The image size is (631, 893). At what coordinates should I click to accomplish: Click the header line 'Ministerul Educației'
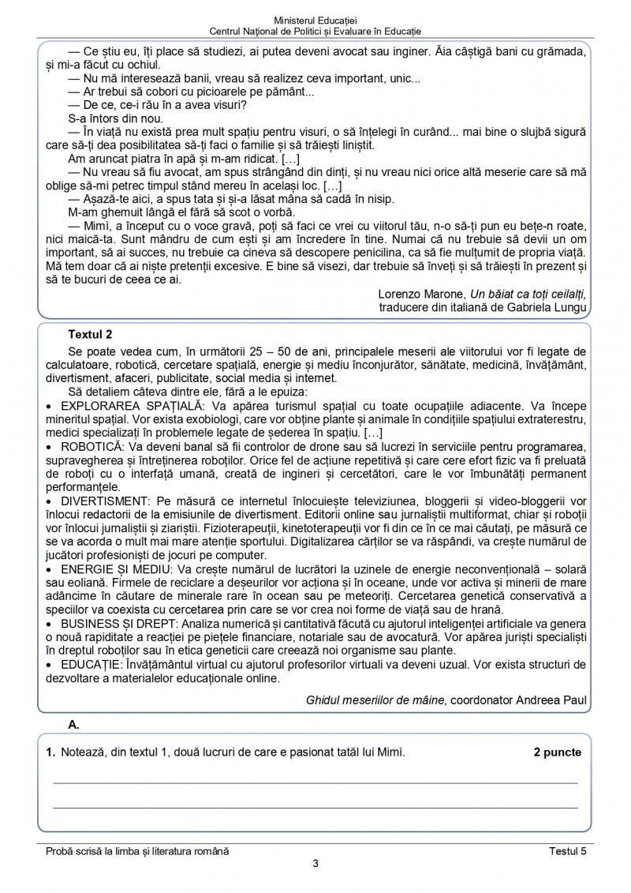[315, 18]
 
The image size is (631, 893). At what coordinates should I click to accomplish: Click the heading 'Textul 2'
[91, 334]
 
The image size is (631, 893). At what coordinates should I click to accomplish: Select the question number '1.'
[50, 752]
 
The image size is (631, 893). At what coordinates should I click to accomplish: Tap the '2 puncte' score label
[556, 752]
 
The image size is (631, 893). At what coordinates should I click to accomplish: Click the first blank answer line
[315, 782]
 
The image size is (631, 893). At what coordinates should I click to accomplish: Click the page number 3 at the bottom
[315, 863]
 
